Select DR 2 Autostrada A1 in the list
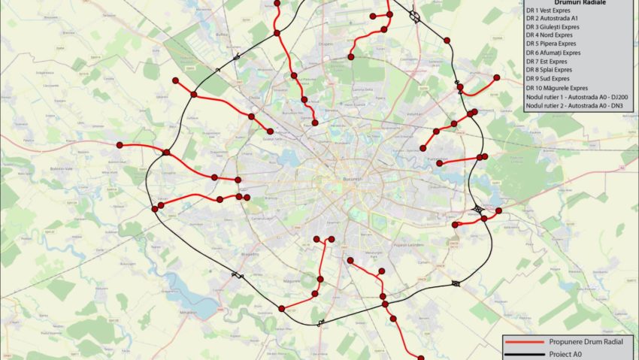(x=553, y=18)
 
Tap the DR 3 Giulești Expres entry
(x=553, y=26)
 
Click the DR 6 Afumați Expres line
(x=553, y=53)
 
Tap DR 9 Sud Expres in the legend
(x=547, y=78)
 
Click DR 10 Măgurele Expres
(x=556, y=87)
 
